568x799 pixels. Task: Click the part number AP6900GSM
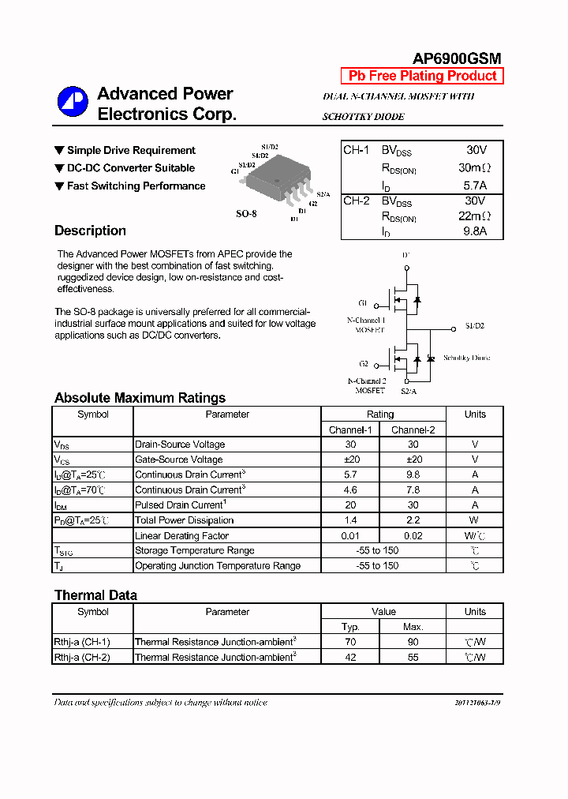[457, 58]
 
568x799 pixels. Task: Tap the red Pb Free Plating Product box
[422, 76]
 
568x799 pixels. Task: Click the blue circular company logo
[72, 102]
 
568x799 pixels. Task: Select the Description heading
[90, 231]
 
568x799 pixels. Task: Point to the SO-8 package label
[246, 213]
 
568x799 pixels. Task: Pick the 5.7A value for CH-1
[475, 185]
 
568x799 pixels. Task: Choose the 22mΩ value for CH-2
[475, 216]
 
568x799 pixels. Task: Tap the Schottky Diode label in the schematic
[466, 358]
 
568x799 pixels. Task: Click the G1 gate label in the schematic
[362, 303]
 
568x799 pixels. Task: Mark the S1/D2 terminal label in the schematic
[474, 326]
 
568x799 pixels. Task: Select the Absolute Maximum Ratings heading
[140, 398]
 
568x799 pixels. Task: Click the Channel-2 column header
[413, 430]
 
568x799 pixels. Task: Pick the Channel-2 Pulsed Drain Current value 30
[413, 505]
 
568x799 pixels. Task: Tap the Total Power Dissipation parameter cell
[185, 520]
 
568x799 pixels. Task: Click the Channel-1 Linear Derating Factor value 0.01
[350, 536]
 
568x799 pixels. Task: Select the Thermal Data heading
[95, 595]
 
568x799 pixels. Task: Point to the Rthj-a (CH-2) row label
[82, 657]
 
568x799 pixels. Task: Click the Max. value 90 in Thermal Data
[413, 642]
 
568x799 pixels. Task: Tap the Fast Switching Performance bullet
[136, 186]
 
